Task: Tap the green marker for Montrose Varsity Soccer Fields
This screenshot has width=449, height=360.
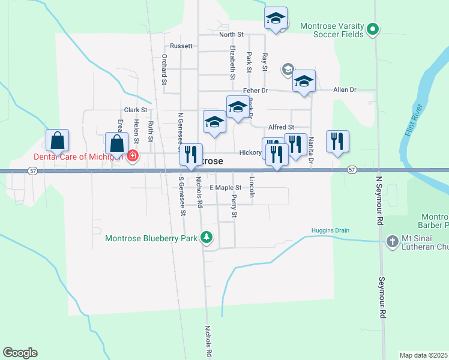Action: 373,28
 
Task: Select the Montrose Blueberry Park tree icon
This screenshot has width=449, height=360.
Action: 206,238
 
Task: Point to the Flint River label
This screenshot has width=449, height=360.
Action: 414,121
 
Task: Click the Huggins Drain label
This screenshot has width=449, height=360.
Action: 330,230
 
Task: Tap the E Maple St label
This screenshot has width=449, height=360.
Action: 225,188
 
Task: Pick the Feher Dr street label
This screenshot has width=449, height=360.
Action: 255,91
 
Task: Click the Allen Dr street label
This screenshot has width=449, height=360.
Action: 345,89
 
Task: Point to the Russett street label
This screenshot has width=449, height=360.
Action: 181,46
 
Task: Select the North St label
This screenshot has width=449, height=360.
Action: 231,35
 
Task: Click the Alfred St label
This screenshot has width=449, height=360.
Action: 281,127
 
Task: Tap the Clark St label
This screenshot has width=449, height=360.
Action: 136,110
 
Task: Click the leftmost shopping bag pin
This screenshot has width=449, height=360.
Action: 57,140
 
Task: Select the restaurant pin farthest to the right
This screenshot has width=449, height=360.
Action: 337,142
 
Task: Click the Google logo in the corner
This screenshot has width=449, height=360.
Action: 20,353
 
